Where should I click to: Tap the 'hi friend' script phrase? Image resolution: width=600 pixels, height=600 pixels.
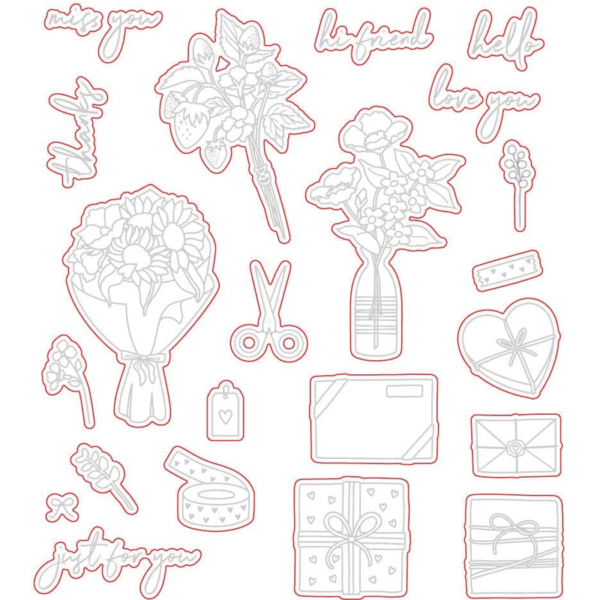tap(373, 36)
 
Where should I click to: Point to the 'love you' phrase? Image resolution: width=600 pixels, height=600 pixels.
tap(483, 100)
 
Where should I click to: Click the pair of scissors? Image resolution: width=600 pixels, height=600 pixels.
tap(269, 312)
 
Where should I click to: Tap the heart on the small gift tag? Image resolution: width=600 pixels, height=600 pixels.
tap(226, 416)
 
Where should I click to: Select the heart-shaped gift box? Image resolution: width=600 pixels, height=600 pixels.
tap(508, 349)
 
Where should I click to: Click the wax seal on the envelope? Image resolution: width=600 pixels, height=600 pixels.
tap(514, 446)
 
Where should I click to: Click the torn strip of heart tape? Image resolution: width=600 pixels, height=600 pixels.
tap(505, 271)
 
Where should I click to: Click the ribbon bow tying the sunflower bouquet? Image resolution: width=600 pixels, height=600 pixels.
tap(142, 364)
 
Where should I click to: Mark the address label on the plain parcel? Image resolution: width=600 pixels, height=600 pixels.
tap(404, 391)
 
